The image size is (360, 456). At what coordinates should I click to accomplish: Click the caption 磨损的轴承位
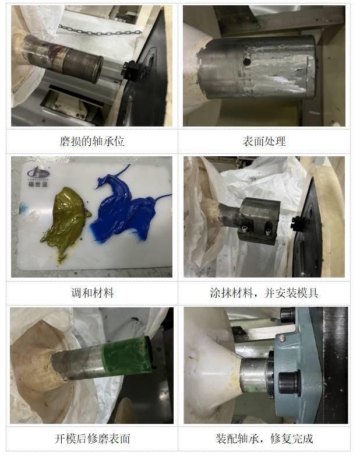click(x=92, y=141)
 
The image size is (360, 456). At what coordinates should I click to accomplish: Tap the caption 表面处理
click(x=264, y=141)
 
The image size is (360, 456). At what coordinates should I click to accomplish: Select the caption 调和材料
click(x=93, y=293)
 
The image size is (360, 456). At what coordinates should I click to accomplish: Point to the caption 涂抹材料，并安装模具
click(x=264, y=293)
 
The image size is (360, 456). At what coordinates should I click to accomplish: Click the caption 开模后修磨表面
click(x=92, y=439)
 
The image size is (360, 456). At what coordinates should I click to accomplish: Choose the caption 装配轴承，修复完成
click(x=264, y=439)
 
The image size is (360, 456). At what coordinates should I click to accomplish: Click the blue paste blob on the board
click(x=125, y=209)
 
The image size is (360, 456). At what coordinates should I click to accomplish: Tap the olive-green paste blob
click(x=65, y=222)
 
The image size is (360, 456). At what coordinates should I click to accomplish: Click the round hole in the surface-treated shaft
click(x=246, y=61)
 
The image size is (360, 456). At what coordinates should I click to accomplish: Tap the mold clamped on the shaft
click(x=259, y=220)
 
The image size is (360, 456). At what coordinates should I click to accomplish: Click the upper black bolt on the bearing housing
click(x=287, y=315)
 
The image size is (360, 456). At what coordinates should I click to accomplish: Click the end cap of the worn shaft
click(x=97, y=69)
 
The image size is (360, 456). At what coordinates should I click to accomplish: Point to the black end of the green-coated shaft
click(x=149, y=353)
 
